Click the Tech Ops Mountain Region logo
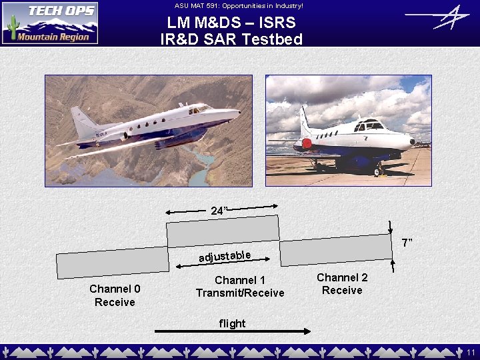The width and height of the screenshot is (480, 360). click(50, 23)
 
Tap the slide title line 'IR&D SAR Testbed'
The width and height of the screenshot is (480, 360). click(231, 39)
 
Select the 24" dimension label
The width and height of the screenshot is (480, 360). click(219, 211)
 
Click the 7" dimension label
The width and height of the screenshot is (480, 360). click(406, 241)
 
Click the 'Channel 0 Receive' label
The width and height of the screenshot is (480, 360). click(115, 295)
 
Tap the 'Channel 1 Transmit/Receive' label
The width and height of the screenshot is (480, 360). click(240, 287)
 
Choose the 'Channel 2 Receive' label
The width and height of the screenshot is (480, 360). click(342, 283)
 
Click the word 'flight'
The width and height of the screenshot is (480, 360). click(233, 323)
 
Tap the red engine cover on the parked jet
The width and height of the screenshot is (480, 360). click(306, 143)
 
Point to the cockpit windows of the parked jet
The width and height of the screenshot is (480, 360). click(370, 125)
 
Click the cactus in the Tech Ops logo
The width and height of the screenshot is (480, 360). click(11, 28)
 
